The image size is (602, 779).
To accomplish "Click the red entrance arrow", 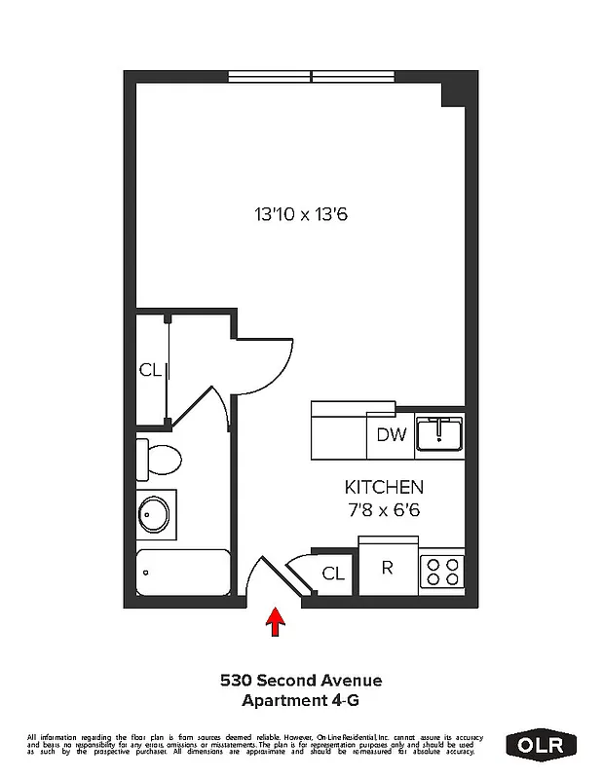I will [275, 621].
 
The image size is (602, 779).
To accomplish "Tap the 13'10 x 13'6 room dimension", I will [300, 213].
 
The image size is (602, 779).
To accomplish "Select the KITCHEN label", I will [384, 487].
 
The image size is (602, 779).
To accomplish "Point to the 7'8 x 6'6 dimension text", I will [384, 508].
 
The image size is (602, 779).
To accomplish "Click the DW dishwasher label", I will [391, 435].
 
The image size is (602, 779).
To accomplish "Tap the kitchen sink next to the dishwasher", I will [440, 433].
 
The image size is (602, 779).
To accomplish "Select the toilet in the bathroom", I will [160, 456].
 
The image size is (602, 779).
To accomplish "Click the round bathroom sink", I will [155, 514].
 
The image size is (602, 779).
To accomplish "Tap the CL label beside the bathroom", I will [149, 370].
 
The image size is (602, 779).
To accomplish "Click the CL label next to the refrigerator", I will [333, 574].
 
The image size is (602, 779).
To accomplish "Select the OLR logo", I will [542, 745].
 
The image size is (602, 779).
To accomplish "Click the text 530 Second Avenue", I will [300, 681].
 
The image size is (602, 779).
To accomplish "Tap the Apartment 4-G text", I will [300, 699].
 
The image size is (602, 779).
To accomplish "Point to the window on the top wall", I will [311, 76].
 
